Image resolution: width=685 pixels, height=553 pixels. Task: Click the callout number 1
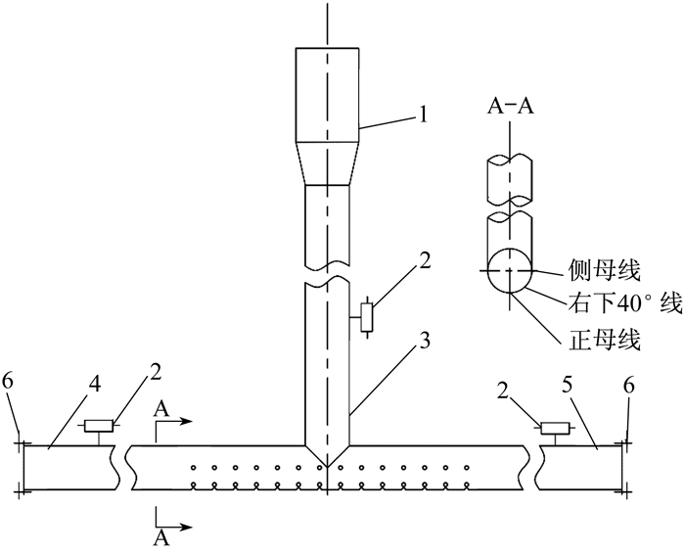click(x=422, y=115)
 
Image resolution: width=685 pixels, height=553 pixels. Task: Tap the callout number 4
click(x=95, y=385)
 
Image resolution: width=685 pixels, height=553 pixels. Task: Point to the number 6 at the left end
click(x=8, y=382)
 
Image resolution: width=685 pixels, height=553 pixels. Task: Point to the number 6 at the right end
click(x=628, y=386)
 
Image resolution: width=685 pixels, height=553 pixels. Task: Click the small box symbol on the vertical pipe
click(x=367, y=317)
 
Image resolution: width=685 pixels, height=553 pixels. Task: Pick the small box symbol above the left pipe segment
click(x=99, y=426)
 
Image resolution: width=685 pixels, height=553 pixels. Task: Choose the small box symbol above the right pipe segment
click(x=555, y=428)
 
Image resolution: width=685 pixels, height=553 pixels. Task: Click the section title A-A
click(x=511, y=106)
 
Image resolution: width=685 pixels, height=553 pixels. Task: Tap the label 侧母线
click(x=604, y=271)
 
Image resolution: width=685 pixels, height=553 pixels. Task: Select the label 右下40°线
click(x=625, y=303)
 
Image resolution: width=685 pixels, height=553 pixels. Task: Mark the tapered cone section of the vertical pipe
click(x=328, y=163)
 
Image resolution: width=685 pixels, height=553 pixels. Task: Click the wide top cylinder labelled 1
click(x=328, y=95)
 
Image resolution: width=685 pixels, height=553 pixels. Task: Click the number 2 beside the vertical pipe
click(x=424, y=262)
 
